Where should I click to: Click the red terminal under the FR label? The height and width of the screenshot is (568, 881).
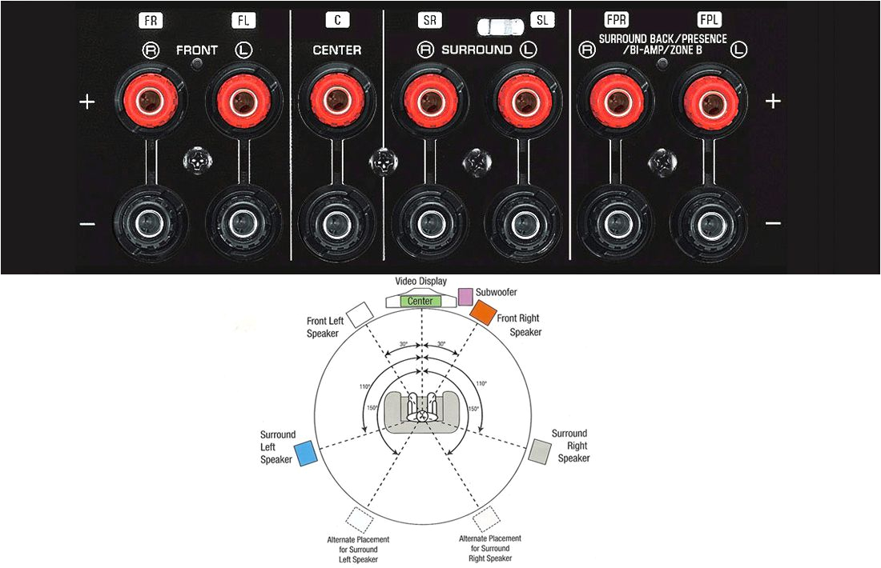point(149,102)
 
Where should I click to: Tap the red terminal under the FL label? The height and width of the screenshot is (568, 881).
point(240,102)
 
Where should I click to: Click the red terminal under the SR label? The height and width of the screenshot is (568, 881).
point(428,102)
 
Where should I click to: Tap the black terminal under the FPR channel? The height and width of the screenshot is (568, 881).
point(615,222)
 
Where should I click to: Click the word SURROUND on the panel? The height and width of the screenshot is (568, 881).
point(477,50)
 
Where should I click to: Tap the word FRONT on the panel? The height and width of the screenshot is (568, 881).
point(197,50)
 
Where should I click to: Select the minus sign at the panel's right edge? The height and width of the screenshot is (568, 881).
point(772,222)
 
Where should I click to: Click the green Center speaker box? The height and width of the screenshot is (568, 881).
point(420,301)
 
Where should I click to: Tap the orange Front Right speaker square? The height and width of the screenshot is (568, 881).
point(483,313)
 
